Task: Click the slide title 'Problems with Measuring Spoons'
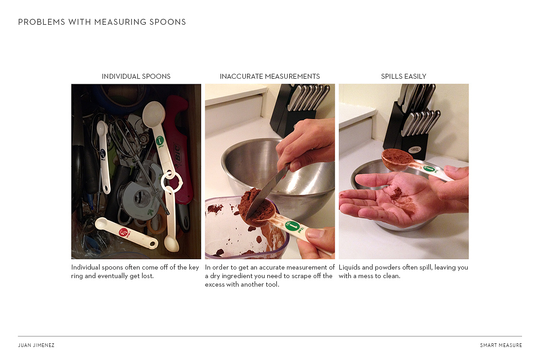click(x=102, y=22)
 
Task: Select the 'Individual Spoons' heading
click(x=136, y=76)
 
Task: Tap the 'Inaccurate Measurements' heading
click(x=270, y=76)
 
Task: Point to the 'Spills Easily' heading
click(x=404, y=76)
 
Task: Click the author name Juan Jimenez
click(x=36, y=345)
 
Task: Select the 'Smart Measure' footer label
click(x=501, y=345)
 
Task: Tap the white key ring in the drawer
click(x=171, y=182)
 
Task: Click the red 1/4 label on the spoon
click(x=124, y=232)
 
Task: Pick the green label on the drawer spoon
click(x=160, y=140)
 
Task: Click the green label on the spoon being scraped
click(x=292, y=226)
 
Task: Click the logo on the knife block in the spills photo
click(x=414, y=150)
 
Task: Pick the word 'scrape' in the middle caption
click(x=301, y=276)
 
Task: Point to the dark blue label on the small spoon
click(x=103, y=153)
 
